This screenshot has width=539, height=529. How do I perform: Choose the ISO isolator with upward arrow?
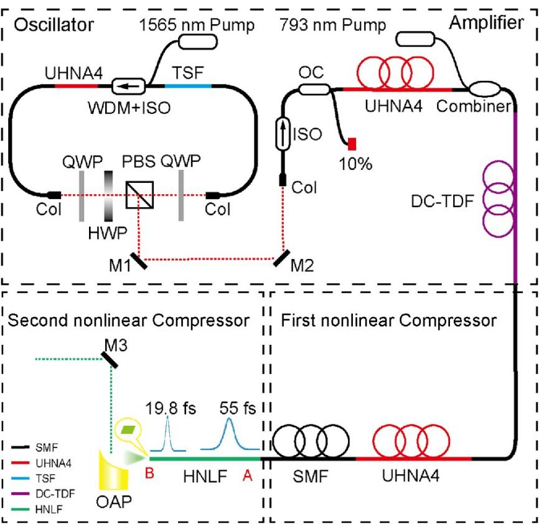click(x=283, y=133)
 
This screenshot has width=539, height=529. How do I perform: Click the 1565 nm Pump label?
click(x=197, y=26)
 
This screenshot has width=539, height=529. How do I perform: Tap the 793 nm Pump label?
click(x=332, y=26)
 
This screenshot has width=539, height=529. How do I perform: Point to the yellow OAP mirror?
click(x=113, y=474)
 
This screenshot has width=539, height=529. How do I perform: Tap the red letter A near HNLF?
click(x=248, y=476)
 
